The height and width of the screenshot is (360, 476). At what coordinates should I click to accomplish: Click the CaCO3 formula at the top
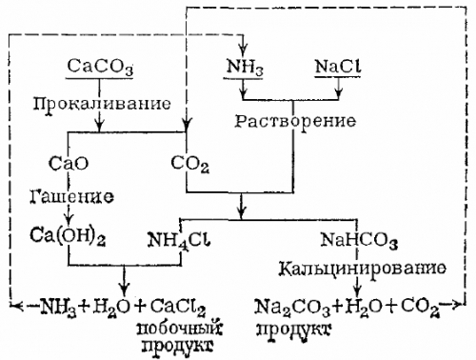(x=101, y=68)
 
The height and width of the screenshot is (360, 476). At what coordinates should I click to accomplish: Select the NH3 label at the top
(x=244, y=68)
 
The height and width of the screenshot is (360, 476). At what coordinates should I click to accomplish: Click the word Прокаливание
(x=127, y=102)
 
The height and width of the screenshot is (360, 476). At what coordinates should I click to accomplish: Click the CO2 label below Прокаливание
(x=190, y=165)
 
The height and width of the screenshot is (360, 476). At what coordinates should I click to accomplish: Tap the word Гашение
(x=70, y=198)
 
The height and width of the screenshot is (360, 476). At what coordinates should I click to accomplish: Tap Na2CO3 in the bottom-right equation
(x=288, y=307)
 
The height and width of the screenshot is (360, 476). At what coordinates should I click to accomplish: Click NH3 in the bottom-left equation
(x=56, y=307)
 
